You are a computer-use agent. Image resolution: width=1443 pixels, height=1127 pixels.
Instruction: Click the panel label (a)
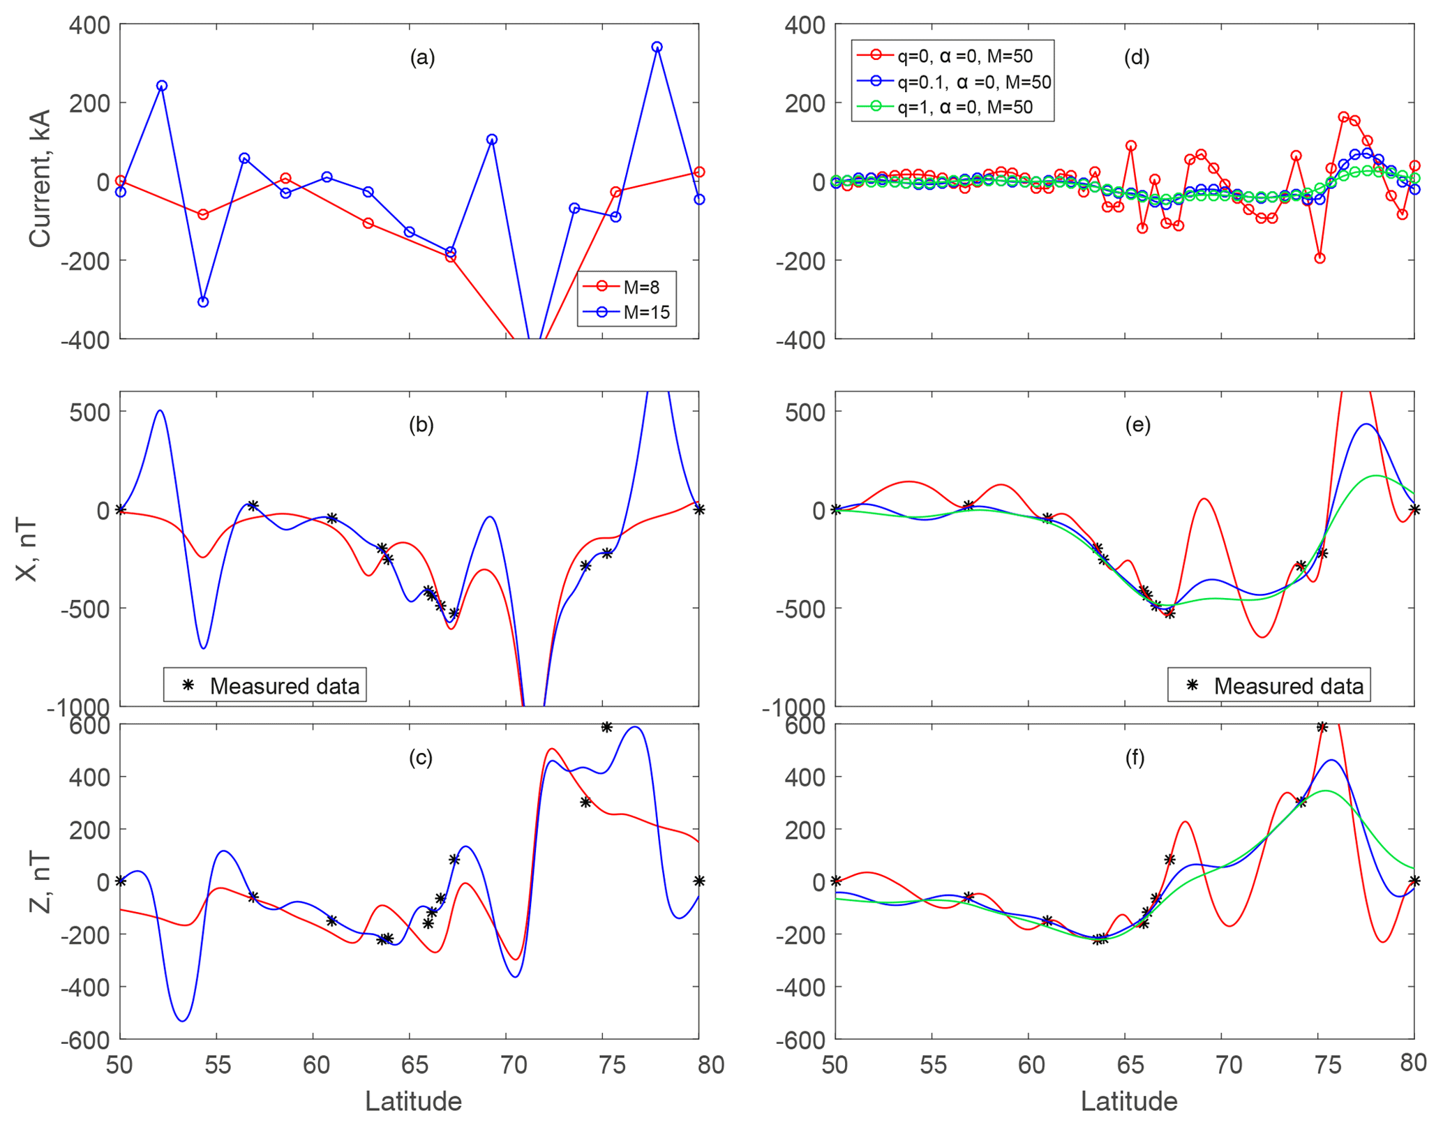tap(422, 57)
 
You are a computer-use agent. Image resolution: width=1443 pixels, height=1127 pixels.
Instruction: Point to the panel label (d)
tap(1137, 57)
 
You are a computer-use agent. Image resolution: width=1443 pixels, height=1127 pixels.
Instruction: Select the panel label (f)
tap(1135, 758)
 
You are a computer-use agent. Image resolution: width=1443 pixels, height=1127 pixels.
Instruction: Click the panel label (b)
tap(421, 425)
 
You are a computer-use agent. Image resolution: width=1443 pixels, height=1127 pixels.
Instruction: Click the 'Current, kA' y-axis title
tap(40, 179)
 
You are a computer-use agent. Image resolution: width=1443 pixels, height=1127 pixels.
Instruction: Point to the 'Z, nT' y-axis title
tap(40, 882)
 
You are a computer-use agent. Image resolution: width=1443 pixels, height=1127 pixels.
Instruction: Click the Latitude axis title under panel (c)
tap(413, 1101)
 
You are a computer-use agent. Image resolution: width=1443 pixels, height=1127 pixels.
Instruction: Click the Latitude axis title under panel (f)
tap(1129, 1101)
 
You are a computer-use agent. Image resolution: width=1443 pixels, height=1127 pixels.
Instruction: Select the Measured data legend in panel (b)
tap(265, 686)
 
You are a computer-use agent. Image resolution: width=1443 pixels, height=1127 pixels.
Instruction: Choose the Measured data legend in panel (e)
tap(1269, 686)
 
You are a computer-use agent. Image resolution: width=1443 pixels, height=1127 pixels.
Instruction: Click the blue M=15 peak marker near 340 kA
tap(657, 47)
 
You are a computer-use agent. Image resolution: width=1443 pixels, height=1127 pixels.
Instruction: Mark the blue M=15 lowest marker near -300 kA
tap(203, 302)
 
